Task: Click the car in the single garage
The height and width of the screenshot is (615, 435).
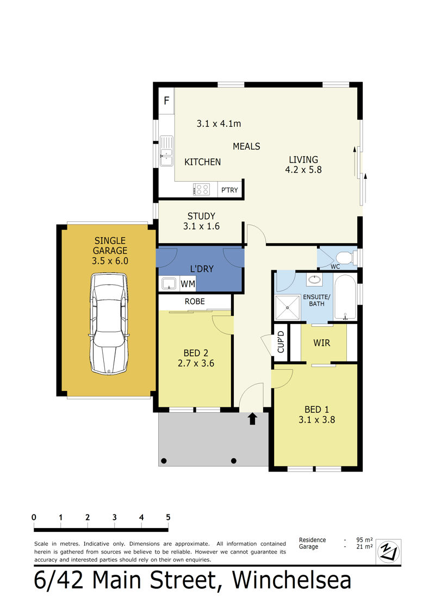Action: click(x=109, y=323)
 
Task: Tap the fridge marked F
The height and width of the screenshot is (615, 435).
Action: click(x=166, y=101)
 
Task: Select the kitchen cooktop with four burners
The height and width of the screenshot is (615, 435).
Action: click(x=201, y=189)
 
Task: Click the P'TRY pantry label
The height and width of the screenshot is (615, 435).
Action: click(x=229, y=190)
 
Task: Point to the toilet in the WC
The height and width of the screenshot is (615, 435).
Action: click(x=345, y=257)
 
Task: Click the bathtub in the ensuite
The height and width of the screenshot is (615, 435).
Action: click(x=345, y=297)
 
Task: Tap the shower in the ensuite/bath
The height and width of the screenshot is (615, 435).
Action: click(x=287, y=308)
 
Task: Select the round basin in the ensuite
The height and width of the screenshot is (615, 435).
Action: click(x=314, y=279)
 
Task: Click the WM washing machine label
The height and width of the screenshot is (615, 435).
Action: click(x=188, y=284)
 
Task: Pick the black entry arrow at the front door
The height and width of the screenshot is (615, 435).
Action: click(x=252, y=419)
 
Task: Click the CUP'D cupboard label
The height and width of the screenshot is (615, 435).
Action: click(x=281, y=341)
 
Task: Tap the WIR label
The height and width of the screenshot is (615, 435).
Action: click(x=322, y=343)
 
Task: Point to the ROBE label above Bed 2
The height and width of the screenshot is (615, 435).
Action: click(x=195, y=301)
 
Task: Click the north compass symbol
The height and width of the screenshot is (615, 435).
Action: click(x=388, y=551)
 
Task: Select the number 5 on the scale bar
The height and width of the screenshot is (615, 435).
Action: click(x=168, y=517)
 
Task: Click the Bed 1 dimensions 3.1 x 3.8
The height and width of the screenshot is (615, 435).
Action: click(x=316, y=420)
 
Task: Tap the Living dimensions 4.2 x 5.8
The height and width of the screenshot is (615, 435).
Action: click(x=303, y=170)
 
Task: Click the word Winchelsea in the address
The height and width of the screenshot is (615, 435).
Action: click(x=291, y=580)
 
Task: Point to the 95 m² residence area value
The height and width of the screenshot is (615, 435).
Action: click(x=364, y=540)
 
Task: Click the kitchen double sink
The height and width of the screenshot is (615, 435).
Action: click(x=166, y=151)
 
